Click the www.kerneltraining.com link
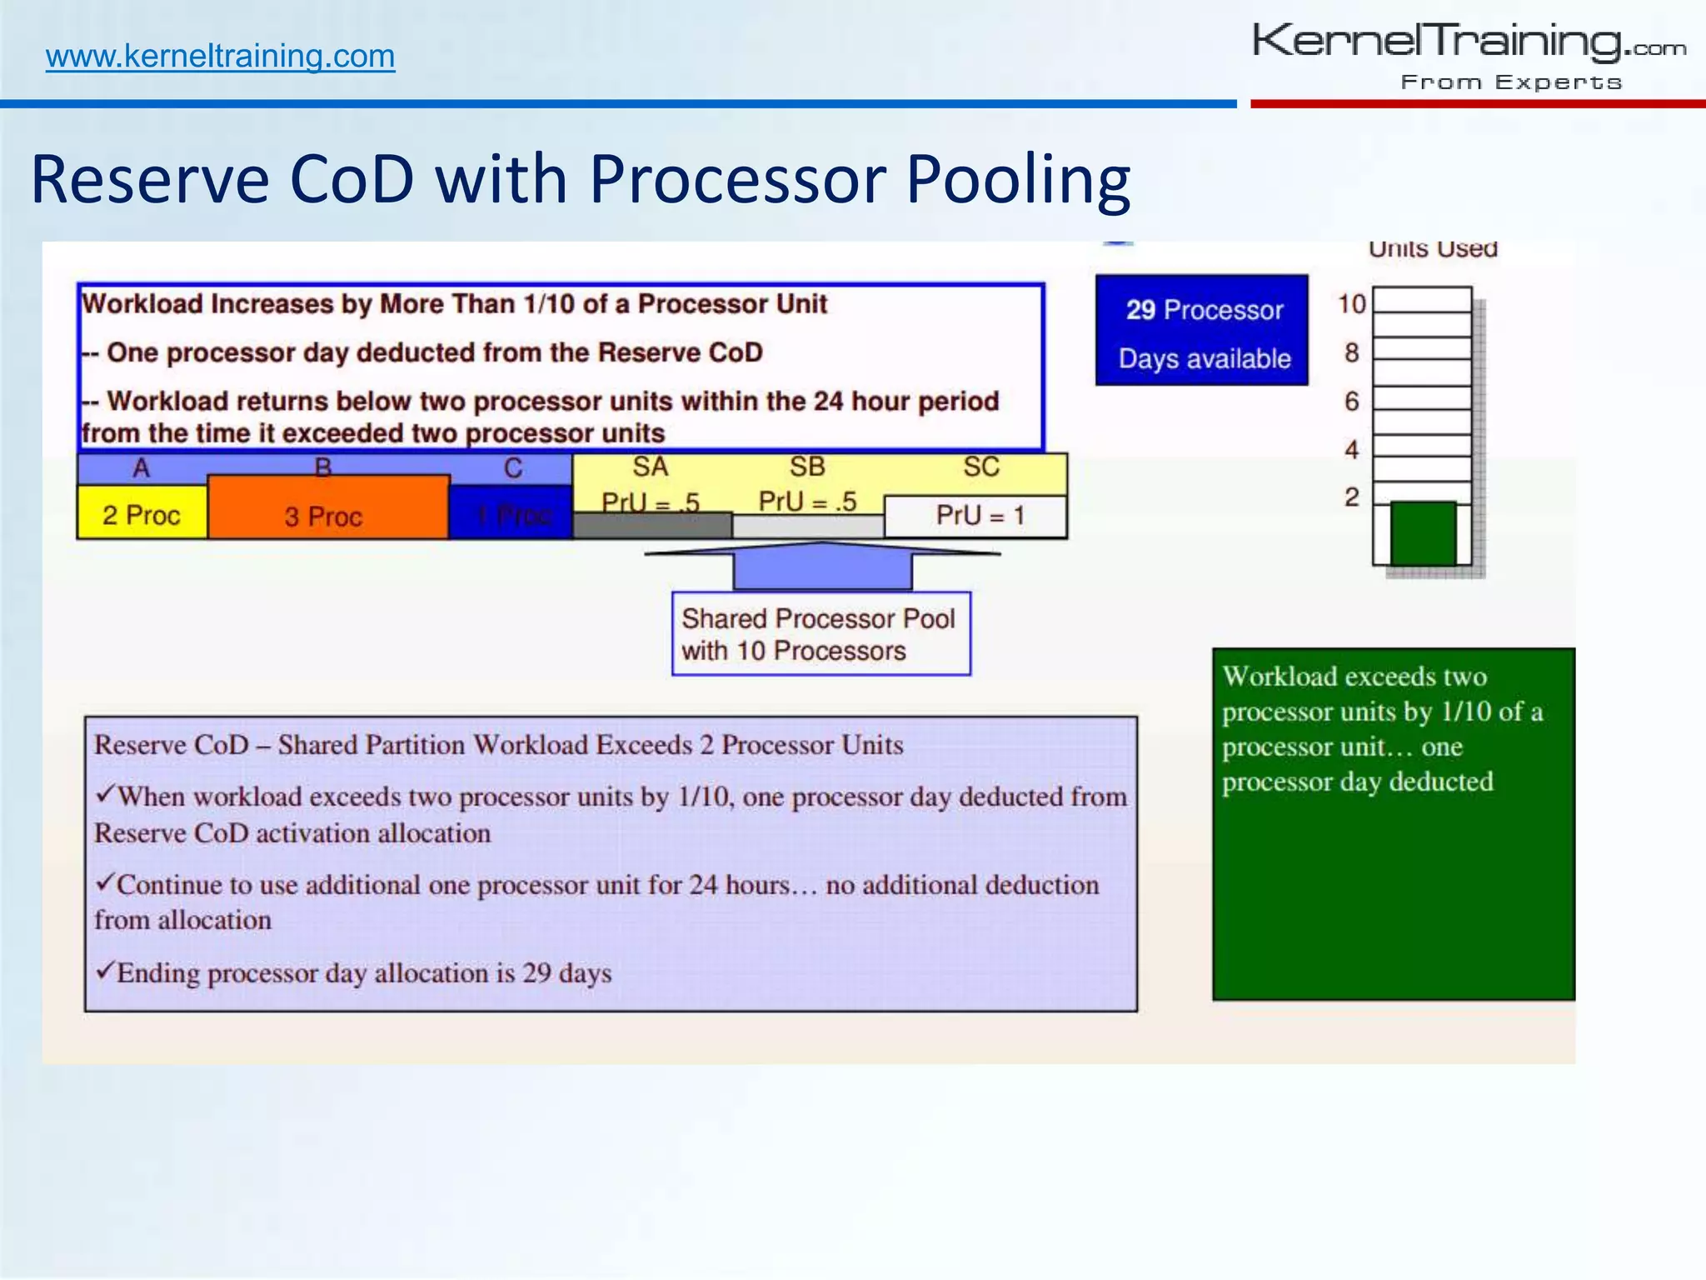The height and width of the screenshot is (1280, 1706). (x=220, y=57)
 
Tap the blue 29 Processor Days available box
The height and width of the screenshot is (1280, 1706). (x=1202, y=331)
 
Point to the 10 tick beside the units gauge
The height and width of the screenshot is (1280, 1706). (x=1352, y=304)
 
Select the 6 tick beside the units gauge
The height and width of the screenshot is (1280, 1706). (x=1352, y=402)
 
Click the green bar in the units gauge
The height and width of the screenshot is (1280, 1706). (x=1423, y=533)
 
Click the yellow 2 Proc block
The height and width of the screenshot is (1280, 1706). (x=142, y=514)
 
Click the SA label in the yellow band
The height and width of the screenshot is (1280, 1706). (x=650, y=467)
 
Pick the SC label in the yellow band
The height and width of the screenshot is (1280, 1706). (x=981, y=467)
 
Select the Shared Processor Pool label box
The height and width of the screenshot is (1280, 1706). (x=821, y=634)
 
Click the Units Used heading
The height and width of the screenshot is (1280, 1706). (x=1433, y=249)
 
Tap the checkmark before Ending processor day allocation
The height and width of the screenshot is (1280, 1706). (x=104, y=970)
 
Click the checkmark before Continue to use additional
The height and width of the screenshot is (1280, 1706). (x=104, y=882)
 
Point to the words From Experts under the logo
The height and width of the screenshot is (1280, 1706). (x=1511, y=82)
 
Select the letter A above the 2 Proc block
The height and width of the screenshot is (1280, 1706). (x=142, y=468)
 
